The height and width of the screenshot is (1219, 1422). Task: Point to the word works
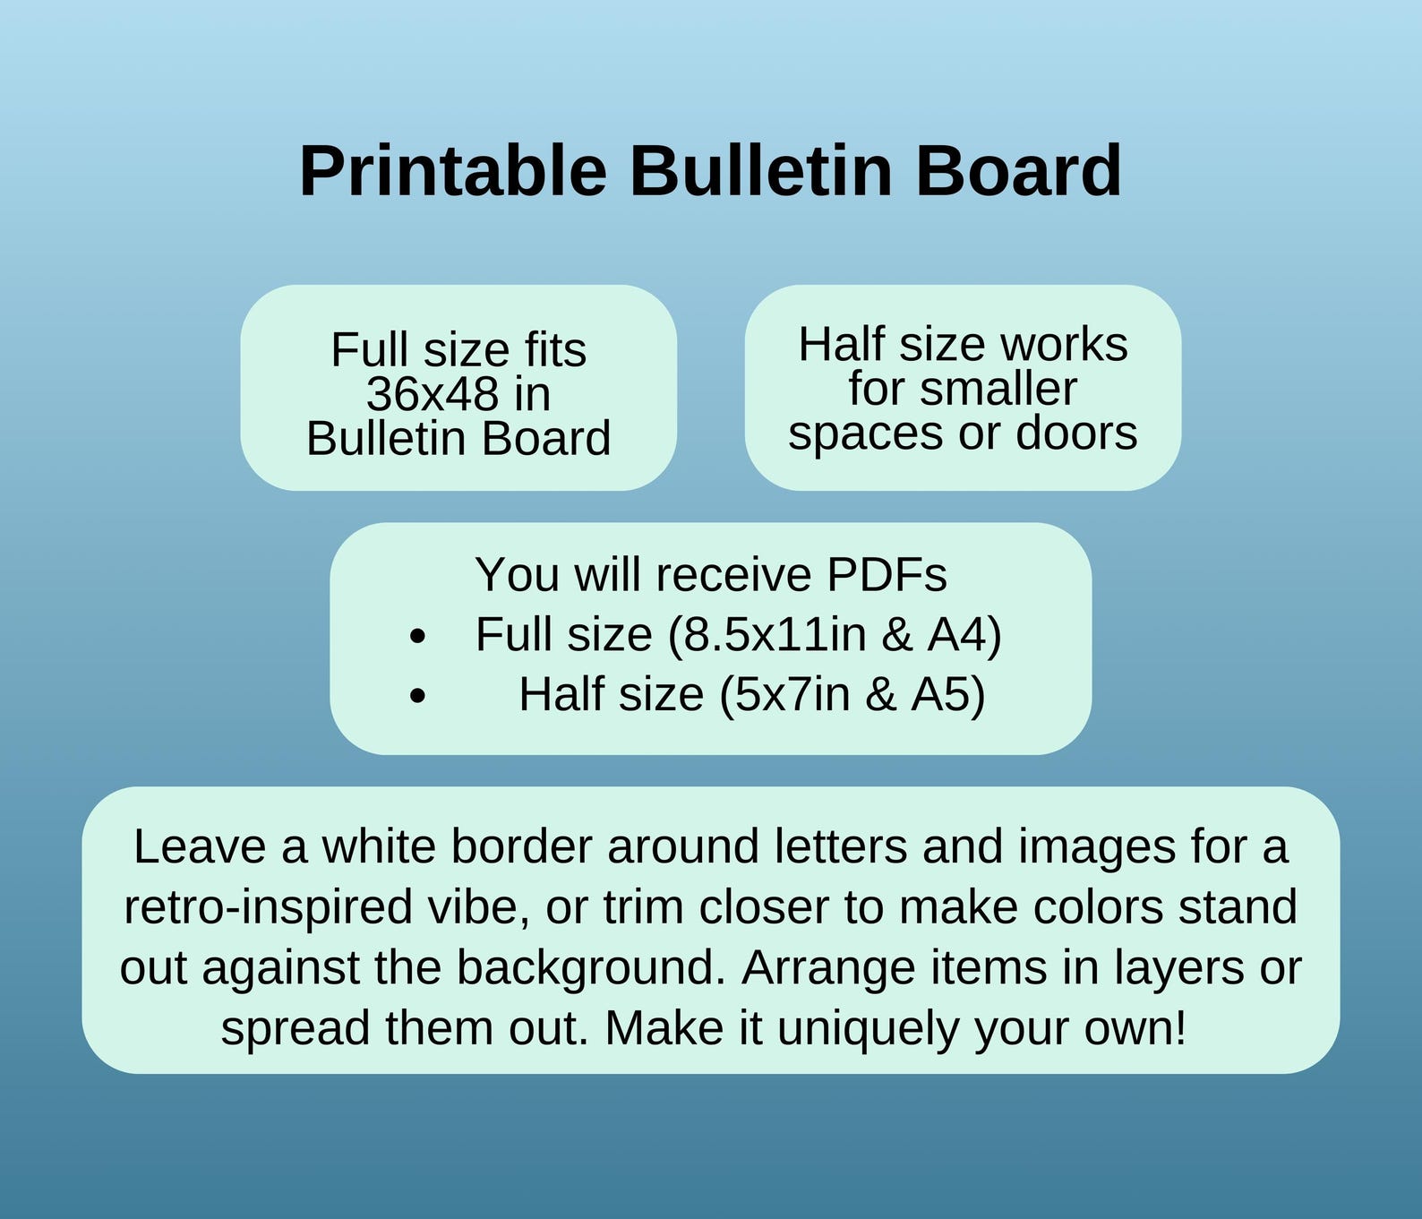point(1064,344)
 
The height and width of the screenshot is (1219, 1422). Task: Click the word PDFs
point(886,574)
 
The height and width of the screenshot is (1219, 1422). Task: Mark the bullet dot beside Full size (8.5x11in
point(417,638)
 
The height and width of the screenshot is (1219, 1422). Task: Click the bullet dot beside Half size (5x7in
point(417,696)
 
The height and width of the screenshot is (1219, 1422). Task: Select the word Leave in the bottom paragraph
point(199,846)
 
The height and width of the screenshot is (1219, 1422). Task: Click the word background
point(589,967)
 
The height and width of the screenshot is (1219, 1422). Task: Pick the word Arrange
point(828,967)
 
